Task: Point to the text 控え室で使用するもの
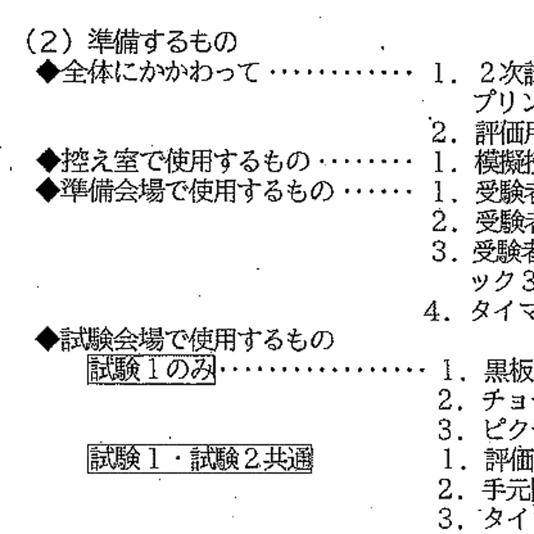[186, 161]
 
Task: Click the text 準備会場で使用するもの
[197, 191]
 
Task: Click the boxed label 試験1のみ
[151, 370]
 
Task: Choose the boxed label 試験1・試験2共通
[199, 460]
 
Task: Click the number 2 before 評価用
[440, 133]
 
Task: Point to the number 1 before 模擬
[440, 162]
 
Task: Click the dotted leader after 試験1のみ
[321, 370]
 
